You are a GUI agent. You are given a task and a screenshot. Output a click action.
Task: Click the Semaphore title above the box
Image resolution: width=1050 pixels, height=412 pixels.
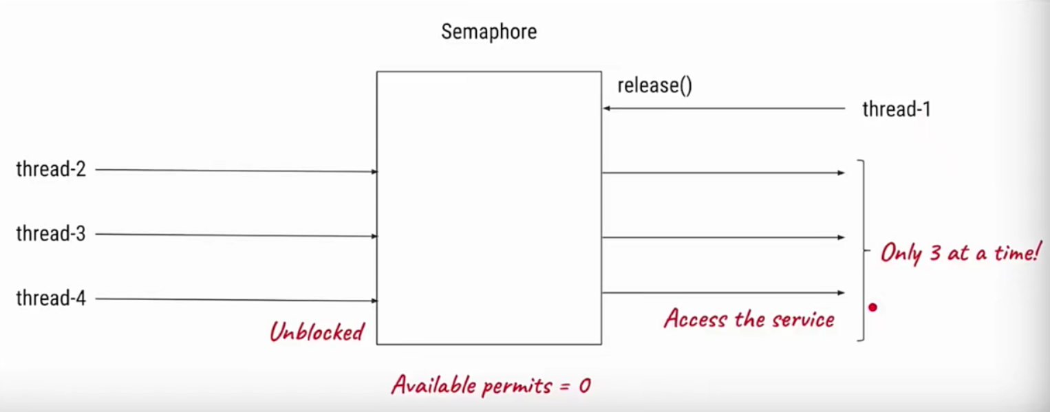coord(489,32)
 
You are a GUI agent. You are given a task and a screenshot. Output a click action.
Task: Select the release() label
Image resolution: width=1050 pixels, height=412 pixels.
coord(654,86)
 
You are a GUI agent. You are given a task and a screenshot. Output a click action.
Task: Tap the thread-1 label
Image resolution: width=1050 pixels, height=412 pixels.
coord(896,109)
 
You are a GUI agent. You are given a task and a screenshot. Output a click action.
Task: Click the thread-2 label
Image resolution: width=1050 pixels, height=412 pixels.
coord(51,169)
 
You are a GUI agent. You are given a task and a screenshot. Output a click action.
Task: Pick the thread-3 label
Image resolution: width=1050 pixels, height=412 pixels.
coord(51,234)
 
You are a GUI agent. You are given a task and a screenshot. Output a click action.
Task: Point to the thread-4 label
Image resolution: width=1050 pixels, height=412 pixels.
coord(51,299)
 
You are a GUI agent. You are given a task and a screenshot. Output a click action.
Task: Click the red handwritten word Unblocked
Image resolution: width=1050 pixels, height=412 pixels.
coord(317,332)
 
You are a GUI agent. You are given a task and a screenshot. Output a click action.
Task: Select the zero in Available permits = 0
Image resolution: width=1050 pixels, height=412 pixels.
coord(584,386)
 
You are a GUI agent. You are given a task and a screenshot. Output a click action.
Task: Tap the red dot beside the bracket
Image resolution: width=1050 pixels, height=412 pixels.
coord(872,307)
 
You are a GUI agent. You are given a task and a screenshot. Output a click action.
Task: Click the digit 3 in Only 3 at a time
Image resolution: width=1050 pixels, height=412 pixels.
coord(934,253)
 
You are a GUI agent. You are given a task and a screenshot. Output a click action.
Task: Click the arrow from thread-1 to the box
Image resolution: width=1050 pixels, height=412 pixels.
coord(722,109)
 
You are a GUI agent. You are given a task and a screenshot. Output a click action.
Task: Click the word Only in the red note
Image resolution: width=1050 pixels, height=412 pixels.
coord(901,254)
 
